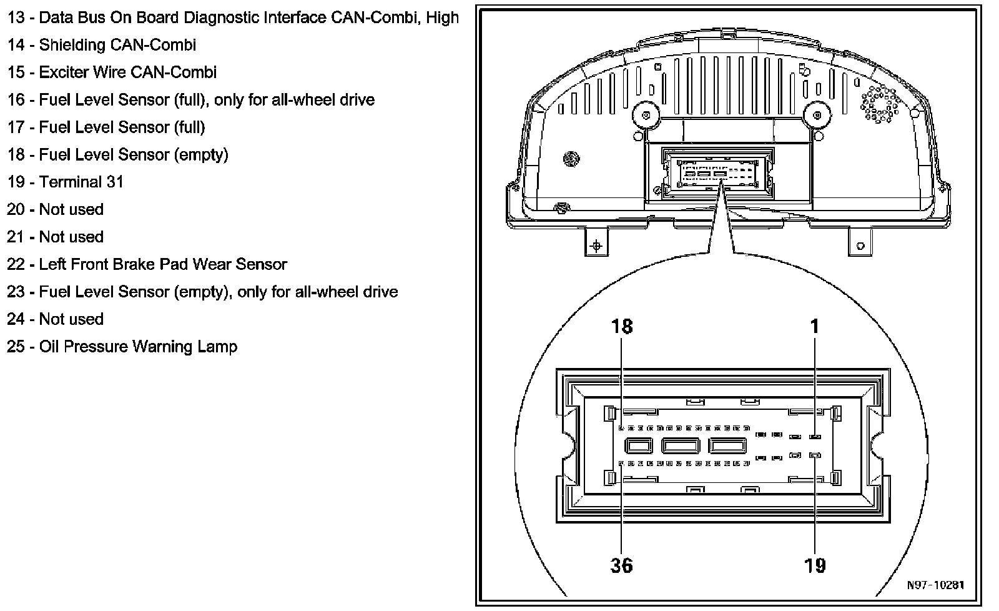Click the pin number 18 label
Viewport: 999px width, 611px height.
click(622, 326)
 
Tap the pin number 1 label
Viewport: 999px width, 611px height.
click(814, 326)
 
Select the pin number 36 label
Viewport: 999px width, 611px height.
click(622, 565)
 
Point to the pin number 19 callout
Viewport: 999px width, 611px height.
click(815, 565)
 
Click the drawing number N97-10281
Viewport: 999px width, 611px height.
click(935, 585)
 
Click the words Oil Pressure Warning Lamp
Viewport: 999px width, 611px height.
click(138, 347)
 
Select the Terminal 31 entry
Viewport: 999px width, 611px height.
click(81, 182)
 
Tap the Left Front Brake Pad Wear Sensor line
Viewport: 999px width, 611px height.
click(162, 264)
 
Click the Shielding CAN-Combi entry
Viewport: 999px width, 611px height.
click(117, 45)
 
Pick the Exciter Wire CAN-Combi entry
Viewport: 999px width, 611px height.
click(128, 72)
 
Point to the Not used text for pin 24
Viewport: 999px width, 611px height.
click(71, 319)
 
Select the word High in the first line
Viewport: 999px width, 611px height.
click(442, 17)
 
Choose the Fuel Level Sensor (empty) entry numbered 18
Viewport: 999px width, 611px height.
click(134, 154)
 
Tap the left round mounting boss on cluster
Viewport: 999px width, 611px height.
click(646, 115)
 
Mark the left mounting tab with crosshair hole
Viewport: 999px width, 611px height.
click(596, 245)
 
